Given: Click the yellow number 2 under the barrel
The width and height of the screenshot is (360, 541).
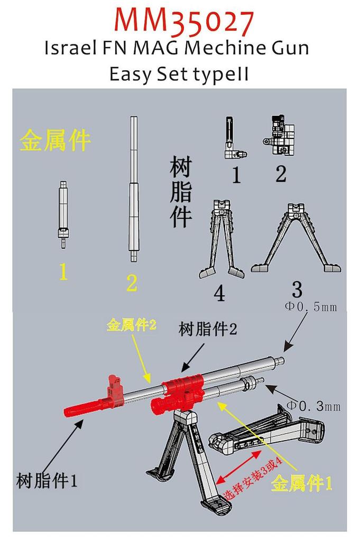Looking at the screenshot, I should coord(132,284).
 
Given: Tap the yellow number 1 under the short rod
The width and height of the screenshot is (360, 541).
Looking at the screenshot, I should coord(63,272).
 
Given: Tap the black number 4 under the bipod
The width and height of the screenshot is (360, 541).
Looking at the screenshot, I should coord(219,294).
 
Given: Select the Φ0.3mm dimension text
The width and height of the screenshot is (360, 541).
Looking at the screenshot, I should coord(313,406).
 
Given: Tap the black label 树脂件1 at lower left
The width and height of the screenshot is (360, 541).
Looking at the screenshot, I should coord(48,481).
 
